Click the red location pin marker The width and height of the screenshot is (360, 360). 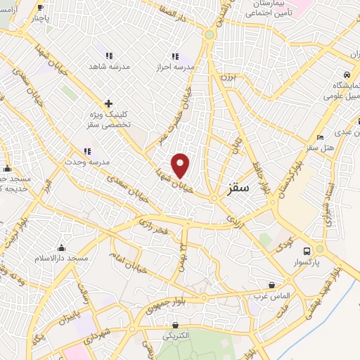[181, 165]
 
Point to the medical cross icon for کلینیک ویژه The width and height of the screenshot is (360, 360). [108, 103]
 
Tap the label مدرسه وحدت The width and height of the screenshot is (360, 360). [87, 161]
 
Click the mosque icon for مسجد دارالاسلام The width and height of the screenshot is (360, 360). [62, 247]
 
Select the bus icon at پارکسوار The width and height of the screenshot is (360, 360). [307, 251]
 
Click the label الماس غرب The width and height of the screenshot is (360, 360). [272, 295]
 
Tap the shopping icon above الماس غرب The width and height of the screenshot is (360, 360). [272, 285]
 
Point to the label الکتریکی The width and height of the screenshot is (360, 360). [174, 336]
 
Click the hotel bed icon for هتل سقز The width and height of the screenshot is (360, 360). [321, 137]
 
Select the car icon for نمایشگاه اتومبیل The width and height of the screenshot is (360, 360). [346, 74]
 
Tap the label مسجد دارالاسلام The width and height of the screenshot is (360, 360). [62, 258]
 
